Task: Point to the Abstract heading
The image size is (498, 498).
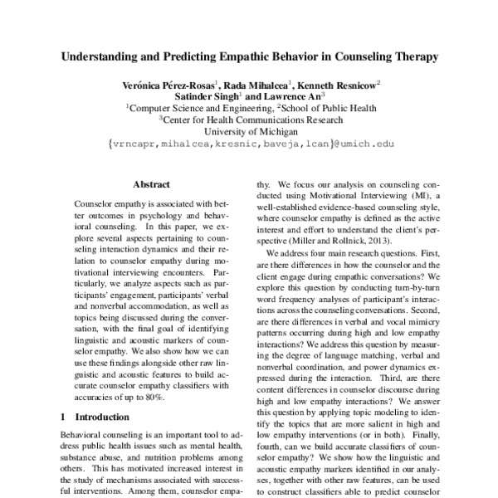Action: pos(150,183)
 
